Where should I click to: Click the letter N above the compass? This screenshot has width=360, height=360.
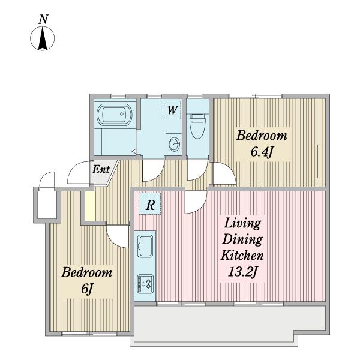coord(43,19)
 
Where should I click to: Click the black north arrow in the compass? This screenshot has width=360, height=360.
coord(43,38)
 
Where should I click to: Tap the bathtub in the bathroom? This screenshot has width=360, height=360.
coord(115,115)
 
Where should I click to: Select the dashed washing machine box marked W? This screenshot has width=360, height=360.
coord(172,110)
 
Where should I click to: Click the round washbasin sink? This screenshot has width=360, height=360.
coord(174,144)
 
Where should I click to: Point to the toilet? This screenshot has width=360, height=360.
coord(197,125)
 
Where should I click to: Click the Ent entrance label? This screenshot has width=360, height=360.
coord(101,170)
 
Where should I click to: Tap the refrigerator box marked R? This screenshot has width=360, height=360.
coord(149,203)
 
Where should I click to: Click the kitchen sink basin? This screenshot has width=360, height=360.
coord(145,246)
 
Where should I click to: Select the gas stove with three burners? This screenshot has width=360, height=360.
coord(145,284)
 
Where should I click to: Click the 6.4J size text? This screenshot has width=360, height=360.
coord(262,152)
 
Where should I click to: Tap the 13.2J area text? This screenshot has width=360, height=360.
coord(242,272)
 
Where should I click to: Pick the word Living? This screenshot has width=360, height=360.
coord(242,223)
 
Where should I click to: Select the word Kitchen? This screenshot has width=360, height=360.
coord(242,256)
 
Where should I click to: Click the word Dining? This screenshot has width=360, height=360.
coord(242,239)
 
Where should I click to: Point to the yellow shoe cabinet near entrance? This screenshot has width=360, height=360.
coord(90,206)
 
